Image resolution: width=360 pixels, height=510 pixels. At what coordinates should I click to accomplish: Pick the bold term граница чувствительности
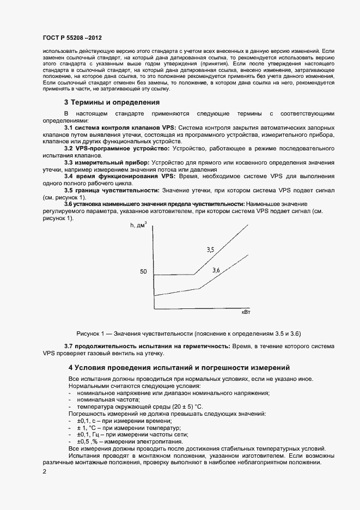[x=118, y=190]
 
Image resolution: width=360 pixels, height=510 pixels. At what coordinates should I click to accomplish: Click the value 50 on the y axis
[x=144, y=271]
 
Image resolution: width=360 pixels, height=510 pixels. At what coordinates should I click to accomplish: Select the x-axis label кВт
[x=246, y=312]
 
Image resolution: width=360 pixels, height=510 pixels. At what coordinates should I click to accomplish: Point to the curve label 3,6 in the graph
[x=216, y=270]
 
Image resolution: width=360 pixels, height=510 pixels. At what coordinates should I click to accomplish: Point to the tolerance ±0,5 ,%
[x=89, y=442]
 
